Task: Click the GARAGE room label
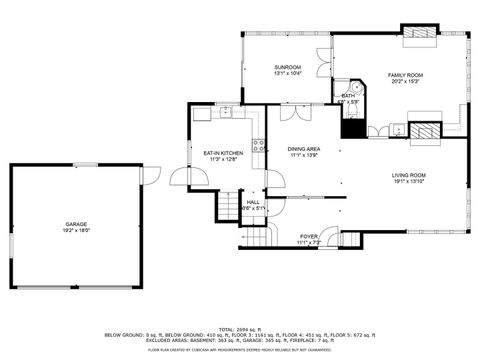[77, 224]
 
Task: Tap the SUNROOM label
[288, 67]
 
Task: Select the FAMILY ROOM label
[406, 75]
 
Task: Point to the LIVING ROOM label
[408, 175]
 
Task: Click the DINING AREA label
[305, 148]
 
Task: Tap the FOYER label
[308, 236]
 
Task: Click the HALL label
[253, 202]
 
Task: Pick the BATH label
[347, 96]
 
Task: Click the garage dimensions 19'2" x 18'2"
[77, 230]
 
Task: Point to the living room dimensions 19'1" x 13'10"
[408, 182]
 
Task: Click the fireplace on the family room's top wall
[419, 33]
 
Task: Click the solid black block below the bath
[351, 127]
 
